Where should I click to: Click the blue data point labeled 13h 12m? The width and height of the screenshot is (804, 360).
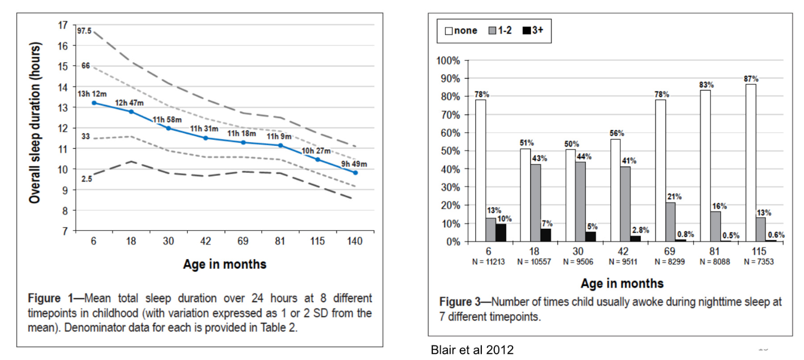pyautogui.click(x=94, y=103)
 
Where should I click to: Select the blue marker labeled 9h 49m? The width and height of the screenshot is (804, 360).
pyautogui.click(x=355, y=173)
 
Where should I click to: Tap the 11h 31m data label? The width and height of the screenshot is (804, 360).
pyautogui.click(x=204, y=128)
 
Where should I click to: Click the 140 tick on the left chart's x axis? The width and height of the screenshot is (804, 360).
pyautogui.click(x=355, y=242)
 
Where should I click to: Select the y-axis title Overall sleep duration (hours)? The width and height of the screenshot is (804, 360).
pyautogui.click(x=35, y=127)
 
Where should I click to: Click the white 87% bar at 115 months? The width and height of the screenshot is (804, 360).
pyautogui.click(x=750, y=162)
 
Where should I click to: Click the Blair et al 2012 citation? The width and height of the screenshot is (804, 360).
pyautogui.click(x=472, y=350)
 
